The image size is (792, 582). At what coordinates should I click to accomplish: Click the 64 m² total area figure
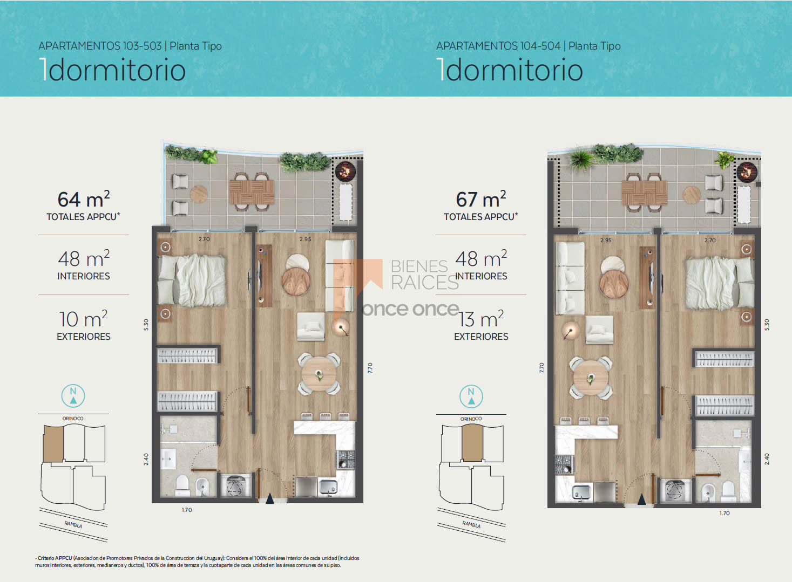pos(84,199)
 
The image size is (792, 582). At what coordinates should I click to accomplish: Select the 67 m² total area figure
pos(481,199)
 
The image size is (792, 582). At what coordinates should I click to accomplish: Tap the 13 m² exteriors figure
pos(481,319)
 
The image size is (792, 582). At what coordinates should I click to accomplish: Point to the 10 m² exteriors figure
pos(84,319)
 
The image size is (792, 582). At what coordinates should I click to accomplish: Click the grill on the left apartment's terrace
pos(345,172)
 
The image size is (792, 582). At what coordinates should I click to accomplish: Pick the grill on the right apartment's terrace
pos(747,173)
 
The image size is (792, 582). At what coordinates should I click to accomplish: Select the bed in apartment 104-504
pos(719,283)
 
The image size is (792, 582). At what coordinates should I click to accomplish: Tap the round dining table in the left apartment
pos(319,374)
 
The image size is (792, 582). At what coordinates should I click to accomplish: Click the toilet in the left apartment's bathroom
pos(182,485)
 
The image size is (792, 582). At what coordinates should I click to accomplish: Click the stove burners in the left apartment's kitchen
pos(346,460)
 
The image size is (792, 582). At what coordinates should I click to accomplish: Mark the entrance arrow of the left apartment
pos(270,498)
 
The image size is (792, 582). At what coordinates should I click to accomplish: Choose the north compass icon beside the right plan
pos(471,396)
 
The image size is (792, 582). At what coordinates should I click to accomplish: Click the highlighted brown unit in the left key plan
pos(53,443)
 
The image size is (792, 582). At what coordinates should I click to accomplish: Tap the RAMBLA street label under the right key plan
pos(471,524)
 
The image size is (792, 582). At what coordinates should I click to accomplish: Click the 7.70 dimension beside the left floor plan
pos(370,368)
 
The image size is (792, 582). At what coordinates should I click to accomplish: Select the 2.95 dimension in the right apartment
pos(606,240)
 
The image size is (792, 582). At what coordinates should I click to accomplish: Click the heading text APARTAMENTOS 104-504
pos(498,46)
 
